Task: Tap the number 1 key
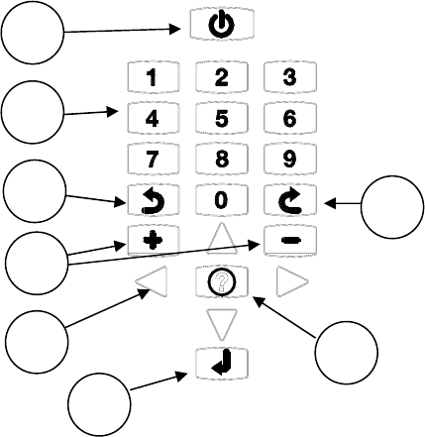pyautogui.click(x=154, y=77)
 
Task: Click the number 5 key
pyautogui.click(x=222, y=118)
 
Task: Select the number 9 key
pyautogui.click(x=290, y=160)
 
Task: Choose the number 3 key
pyautogui.click(x=290, y=77)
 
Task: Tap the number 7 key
pyautogui.click(x=154, y=160)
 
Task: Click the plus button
pyautogui.click(x=154, y=241)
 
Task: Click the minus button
pyautogui.click(x=290, y=241)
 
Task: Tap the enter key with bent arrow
pyautogui.click(x=222, y=363)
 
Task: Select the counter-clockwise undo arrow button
pyautogui.click(x=154, y=200)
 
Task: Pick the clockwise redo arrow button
pyautogui.click(x=290, y=200)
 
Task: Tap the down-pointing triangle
pyautogui.click(x=222, y=322)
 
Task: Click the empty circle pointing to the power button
pyautogui.click(x=33, y=33)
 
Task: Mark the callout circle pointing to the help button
pyautogui.click(x=347, y=353)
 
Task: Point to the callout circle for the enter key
pyautogui.click(x=99, y=404)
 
